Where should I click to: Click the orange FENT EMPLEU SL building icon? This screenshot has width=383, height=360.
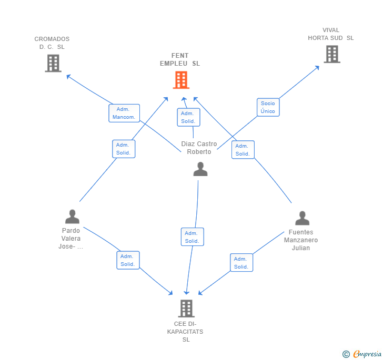(181, 80)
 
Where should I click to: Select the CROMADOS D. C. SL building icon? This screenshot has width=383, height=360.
(53, 63)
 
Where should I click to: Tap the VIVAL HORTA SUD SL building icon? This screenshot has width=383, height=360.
(331, 54)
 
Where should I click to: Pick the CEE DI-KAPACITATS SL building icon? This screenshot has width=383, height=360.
(186, 308)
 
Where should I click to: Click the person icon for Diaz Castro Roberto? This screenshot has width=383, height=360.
(200, 169)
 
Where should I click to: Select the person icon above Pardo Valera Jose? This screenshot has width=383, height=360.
(72, 216)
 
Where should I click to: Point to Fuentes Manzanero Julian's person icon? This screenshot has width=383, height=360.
(302, 218)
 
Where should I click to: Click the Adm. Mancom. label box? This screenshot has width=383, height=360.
(124, 113)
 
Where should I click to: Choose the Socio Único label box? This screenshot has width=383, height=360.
(268, 107)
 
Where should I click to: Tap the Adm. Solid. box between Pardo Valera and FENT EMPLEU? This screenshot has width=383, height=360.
(124, 149)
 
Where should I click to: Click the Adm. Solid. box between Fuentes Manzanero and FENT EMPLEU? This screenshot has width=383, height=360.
(243, 150)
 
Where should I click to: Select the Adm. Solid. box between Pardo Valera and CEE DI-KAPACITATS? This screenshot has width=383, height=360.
(128, 260)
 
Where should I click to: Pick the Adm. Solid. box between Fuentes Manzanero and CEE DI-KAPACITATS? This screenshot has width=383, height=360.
(241, 263)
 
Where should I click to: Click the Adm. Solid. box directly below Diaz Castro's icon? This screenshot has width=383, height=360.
(192, 237)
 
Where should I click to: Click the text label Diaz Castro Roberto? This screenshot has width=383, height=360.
(199, 148)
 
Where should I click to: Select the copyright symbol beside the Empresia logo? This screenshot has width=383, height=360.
(346, 354)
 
